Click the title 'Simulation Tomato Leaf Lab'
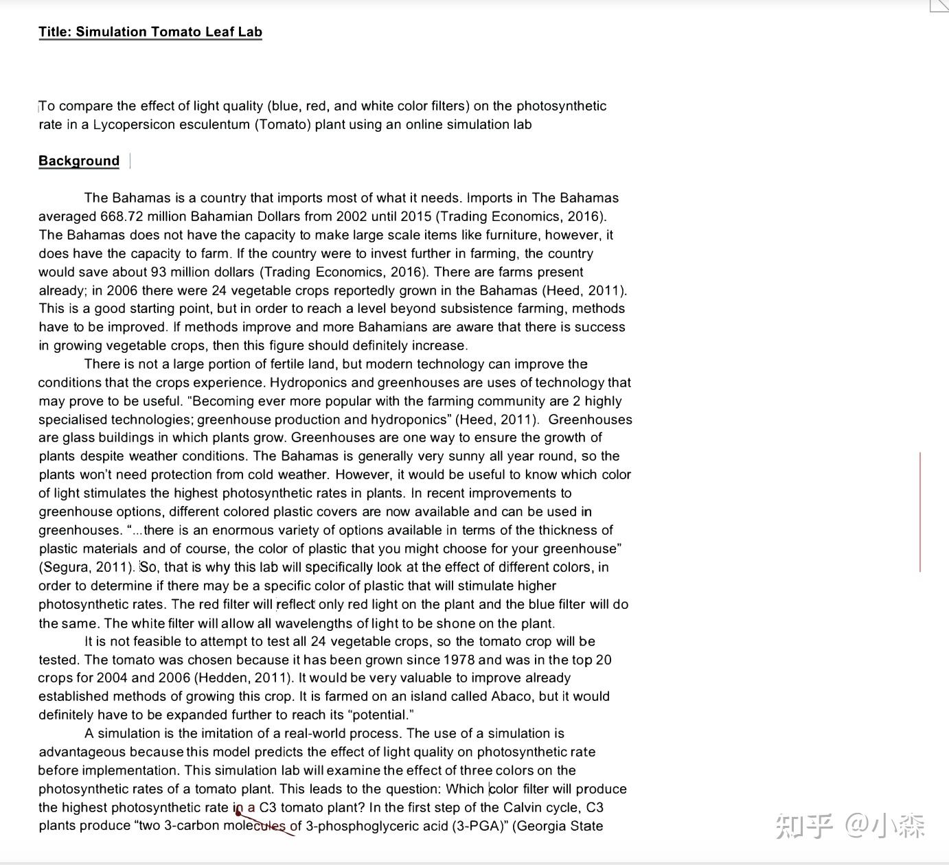(x=169, y=32)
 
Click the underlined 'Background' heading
(x=79, y=161)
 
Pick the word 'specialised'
(x=73, y=419)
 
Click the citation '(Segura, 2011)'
(x=87, y=568)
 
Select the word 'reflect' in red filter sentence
(x=295, y=605)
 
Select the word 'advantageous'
(x=82, y=752)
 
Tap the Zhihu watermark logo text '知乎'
(x=804, y=825)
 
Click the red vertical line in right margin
(x=920, y=511)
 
